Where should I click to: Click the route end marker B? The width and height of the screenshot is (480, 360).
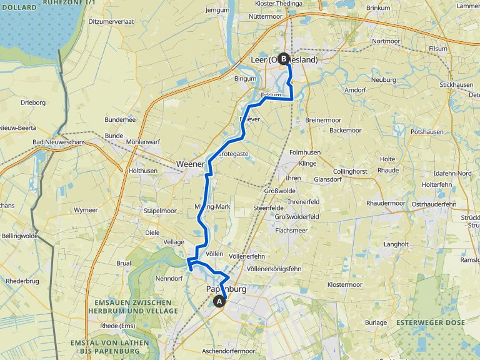coord(283,59)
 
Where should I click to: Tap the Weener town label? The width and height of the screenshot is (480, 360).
coord(190,164)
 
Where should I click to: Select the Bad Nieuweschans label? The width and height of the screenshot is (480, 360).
coord(59,142)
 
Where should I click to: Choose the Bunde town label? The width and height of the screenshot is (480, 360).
coord(114,135)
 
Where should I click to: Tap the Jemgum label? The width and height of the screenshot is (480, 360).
coord(217,11)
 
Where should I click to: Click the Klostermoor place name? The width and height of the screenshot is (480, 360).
coord(345,284)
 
